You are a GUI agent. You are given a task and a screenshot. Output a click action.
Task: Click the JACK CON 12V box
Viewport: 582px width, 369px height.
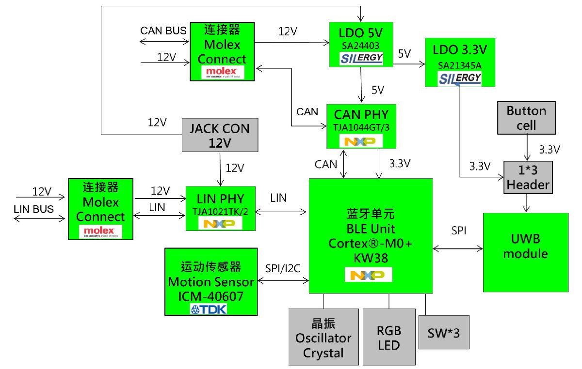(220, 136)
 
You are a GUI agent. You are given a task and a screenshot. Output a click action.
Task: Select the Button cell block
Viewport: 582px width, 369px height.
(526, 118)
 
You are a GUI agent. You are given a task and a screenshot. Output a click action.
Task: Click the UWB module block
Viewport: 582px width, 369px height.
(525, 252)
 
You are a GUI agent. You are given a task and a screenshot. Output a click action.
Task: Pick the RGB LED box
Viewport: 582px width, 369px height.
(389, 337)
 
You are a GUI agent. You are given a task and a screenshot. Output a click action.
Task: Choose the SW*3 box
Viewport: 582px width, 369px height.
(444, 332)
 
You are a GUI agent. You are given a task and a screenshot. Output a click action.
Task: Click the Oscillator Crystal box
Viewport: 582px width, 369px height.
(323, 337)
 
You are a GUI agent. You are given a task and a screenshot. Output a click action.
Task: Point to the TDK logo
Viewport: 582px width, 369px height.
(209, 309)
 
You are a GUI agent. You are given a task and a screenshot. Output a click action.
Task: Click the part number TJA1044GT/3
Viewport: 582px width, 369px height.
(361, 127)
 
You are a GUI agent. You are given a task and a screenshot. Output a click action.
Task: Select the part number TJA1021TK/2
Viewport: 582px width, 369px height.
(220, 211)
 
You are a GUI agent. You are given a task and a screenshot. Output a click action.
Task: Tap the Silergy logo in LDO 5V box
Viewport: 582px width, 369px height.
(361, 59)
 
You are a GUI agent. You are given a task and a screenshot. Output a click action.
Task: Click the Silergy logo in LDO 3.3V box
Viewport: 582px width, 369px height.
(460, 78)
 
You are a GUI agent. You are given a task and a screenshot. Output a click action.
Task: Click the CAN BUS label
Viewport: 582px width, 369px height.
(163, 31)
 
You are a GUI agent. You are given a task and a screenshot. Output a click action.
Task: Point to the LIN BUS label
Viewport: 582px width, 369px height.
(33, 209)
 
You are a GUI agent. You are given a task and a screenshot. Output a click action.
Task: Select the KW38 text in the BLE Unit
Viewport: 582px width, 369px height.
(371, 258)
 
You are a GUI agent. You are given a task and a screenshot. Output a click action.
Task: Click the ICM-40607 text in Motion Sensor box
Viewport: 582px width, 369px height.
(210, 295)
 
